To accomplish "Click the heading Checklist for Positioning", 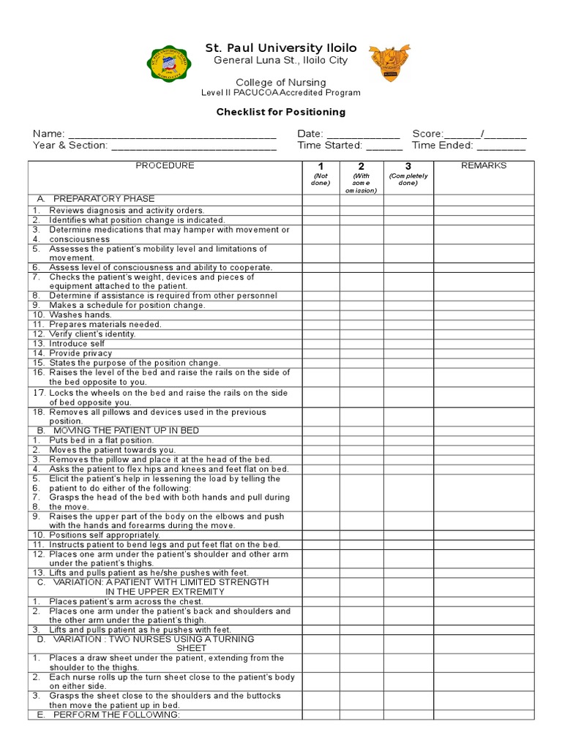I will click(x=281, y=113).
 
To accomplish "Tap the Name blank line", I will click(x=172, y=135).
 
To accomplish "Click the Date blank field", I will click(x=363, y=135).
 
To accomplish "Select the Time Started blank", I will click(x=384, y=146).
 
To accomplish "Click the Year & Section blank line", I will click(x=193, y=146).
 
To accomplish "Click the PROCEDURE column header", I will click(x=165, y=166).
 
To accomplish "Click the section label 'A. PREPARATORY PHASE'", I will click(x=96, y=199).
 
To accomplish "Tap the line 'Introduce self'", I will click(x=77, y=344).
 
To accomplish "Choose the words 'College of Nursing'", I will click(x=281, y=82).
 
